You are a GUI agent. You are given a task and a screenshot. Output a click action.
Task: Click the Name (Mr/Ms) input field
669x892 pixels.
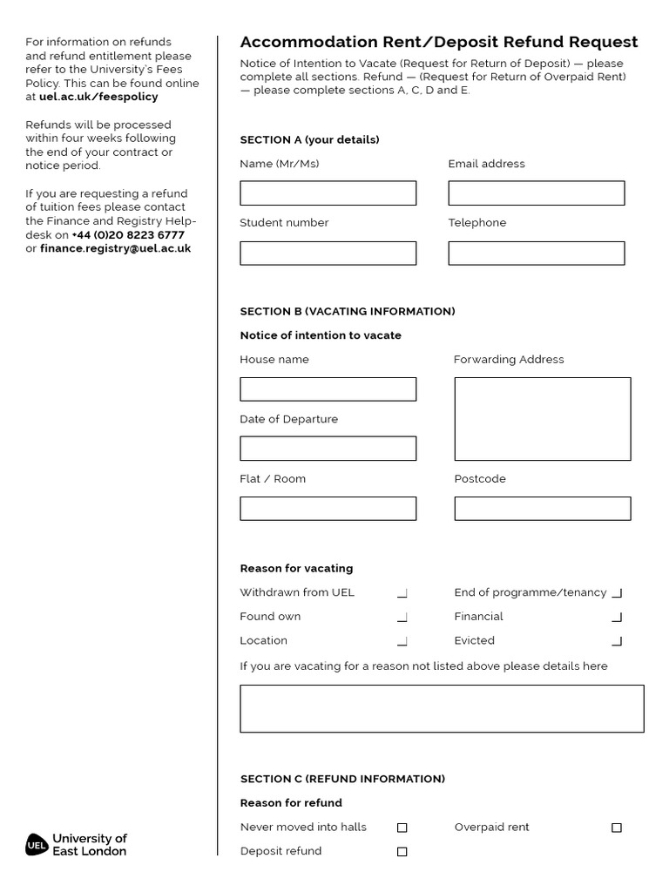328,193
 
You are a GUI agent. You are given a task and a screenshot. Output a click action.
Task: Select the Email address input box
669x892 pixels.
536,193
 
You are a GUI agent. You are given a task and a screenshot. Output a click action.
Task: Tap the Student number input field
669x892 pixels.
328,253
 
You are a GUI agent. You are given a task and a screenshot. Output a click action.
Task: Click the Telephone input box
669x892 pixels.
536,253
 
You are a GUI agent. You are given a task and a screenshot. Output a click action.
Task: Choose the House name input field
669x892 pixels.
328,389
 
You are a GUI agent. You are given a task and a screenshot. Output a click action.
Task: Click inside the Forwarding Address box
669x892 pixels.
542,419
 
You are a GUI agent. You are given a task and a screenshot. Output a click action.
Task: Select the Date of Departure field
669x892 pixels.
328,449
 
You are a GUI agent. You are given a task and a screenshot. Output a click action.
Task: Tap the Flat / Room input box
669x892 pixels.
328,509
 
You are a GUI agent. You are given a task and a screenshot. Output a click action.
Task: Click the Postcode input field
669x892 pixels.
542,509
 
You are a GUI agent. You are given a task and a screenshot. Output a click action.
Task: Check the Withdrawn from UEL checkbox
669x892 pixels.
402,593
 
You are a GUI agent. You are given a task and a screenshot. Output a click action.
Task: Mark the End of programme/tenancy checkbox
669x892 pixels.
617,593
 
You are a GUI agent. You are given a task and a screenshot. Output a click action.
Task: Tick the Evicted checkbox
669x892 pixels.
617,641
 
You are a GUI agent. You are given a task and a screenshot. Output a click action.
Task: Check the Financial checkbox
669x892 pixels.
617,618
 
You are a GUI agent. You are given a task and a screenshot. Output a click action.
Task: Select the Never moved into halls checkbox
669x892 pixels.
402,828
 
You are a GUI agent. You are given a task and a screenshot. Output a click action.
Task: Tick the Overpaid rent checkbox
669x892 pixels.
617,828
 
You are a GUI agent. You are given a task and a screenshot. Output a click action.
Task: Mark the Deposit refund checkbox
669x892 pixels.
402,852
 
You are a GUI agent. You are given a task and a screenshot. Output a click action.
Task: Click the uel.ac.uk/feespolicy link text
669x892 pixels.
98,97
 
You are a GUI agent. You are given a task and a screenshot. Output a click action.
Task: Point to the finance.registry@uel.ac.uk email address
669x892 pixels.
115,248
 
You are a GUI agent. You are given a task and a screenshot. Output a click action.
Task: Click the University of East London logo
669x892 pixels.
77,845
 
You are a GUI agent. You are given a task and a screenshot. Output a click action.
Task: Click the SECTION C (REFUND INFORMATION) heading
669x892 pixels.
342,779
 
